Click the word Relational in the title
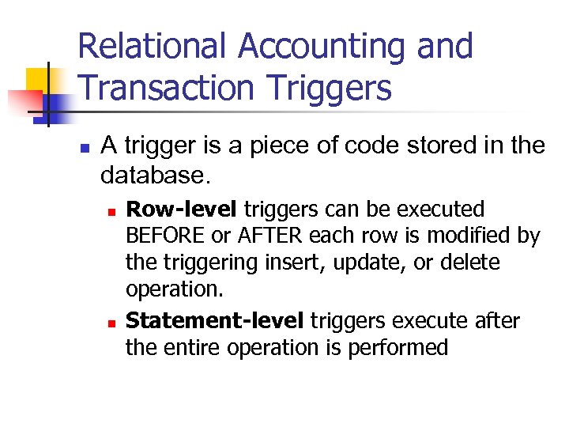[x=156, y=47]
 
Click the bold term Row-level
[x=182, y=210]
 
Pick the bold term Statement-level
[x=214, y=320]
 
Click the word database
[x=150, y=172]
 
